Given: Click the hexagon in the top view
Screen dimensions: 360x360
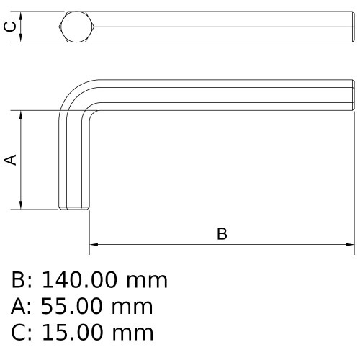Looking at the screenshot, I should [x=76, y=27].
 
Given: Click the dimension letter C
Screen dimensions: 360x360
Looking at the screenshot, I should [x=10, y=27].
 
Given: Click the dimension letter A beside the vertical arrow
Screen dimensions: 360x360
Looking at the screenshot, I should [x=11, y=160].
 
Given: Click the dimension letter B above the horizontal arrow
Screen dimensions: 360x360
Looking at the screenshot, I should [x=222, y=234].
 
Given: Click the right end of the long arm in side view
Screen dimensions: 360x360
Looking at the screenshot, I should [x=353, y=95].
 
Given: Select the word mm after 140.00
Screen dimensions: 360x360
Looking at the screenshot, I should [x=147, y=279].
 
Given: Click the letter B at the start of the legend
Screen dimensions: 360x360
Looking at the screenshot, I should [x=19, y=279].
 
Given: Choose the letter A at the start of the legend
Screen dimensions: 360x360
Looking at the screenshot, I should [x=19, y=306].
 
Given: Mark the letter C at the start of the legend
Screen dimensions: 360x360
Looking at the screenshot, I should [x=19, y=332].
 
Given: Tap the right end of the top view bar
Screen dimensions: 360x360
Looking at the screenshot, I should [x=353, y=27].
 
